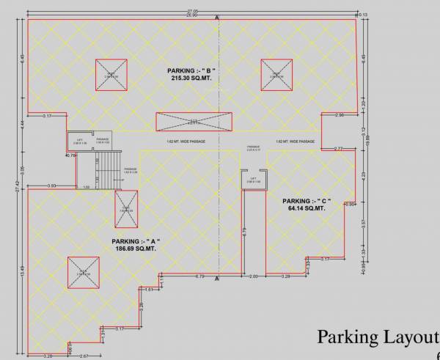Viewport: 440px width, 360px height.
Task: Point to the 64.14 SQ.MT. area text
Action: [307, 208]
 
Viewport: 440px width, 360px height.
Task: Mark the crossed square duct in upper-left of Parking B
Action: [110, 75]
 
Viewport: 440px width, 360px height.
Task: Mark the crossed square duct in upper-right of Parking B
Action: [276, 75]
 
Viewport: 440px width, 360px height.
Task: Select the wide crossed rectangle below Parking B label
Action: [194, 122]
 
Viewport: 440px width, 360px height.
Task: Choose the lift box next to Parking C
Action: [254, 179]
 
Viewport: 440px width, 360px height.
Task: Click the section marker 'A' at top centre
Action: [217, 17]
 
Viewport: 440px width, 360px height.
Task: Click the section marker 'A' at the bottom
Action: [217, 280]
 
